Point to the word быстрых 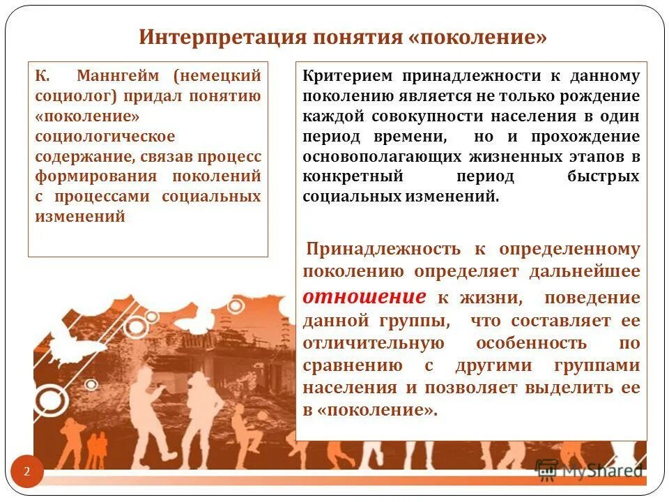click(603, 176)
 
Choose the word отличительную click(374, 344)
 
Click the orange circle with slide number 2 click(27, 472)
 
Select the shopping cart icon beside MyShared click(547, 469)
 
